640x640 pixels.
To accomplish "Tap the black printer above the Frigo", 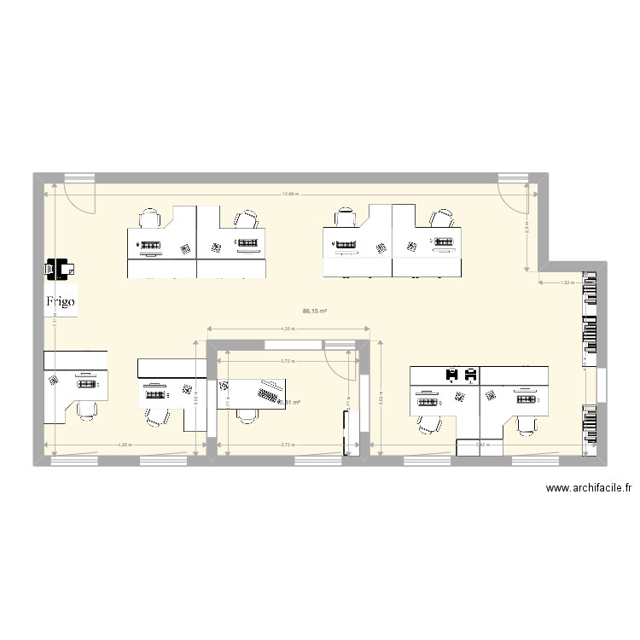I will [60, 269].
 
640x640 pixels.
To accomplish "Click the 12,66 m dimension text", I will [291, 195].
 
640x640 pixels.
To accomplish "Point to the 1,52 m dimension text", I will [565, 282].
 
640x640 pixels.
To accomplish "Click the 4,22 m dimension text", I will [288, 329].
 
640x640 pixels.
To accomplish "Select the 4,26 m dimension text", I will [125, 445].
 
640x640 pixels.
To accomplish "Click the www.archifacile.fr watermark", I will [588, 489].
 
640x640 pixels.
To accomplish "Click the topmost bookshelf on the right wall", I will [589, 294].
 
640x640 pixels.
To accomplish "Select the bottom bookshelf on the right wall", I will [589, 425].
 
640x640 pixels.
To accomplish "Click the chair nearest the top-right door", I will [442, 218].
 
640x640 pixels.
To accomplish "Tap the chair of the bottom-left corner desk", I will [86, 410].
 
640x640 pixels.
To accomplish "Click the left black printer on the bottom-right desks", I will [451, 374].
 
